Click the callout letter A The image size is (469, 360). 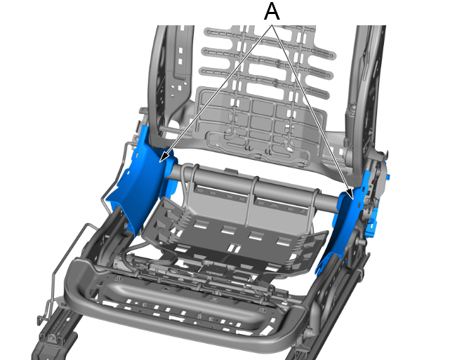[x=272, y=11]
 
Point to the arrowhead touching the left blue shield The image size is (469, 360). [x=164, y=158]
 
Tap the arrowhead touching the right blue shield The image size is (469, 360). [x=350, y=194]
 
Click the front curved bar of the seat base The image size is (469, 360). [x=185, y=317]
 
